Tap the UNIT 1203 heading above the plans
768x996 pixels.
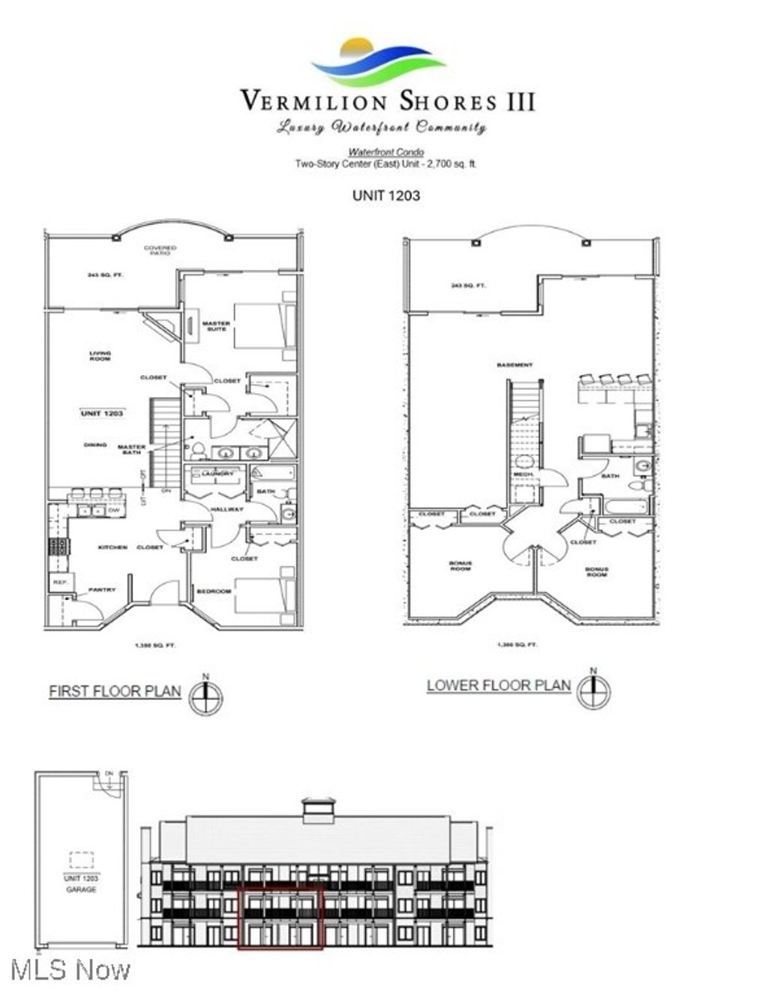385,196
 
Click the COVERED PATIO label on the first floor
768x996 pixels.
160,250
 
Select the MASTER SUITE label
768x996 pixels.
216,326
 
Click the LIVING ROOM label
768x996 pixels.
100,356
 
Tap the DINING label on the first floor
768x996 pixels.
95,445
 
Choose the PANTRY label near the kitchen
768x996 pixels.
102,589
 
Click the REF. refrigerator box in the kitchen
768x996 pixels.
59,583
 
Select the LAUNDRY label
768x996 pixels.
217,474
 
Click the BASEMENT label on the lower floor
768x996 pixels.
514,365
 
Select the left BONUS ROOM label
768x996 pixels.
460,566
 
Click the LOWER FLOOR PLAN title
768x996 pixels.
498,685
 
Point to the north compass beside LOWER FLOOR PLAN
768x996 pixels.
593,691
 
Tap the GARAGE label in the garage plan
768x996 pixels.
81,889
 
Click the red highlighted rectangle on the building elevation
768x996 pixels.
280,917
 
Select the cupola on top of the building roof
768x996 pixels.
319,811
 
